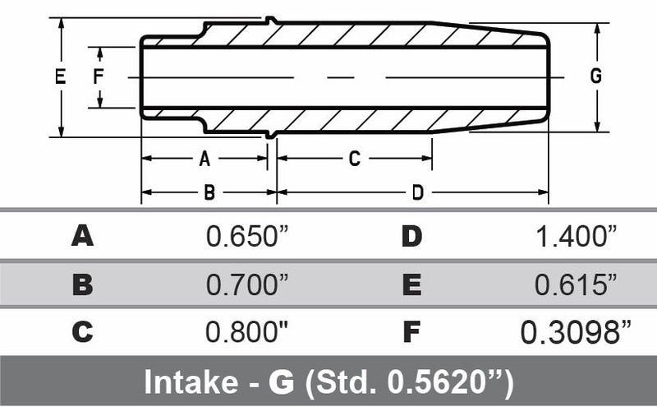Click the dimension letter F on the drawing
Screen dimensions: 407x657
tap(99, 76)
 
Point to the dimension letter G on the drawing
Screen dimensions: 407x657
tap(595, 76)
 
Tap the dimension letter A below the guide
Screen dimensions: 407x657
tap(205, 159)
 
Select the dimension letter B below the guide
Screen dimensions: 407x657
tap(209, 193)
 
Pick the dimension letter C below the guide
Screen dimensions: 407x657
tap(354, 159)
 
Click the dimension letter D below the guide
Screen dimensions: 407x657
tap(417, 193)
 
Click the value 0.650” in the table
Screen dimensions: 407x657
tap(247, 237)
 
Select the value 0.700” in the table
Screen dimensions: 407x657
tap(247, 284)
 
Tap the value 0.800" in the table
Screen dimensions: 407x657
tap(247, 332)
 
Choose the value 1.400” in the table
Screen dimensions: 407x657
tap(576, 237)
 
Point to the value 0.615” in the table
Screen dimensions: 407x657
tap(576, 284)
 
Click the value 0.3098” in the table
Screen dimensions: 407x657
tap(576, 332)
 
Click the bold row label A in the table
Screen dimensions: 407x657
tap(82, 237)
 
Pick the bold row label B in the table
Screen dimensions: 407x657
tap(82, 284)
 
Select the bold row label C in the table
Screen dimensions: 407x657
tap(82, 332)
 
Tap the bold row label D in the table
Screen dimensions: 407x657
tap(411, 237)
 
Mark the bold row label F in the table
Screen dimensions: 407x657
tap(411, 332)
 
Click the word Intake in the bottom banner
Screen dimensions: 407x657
tap(185, 382)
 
